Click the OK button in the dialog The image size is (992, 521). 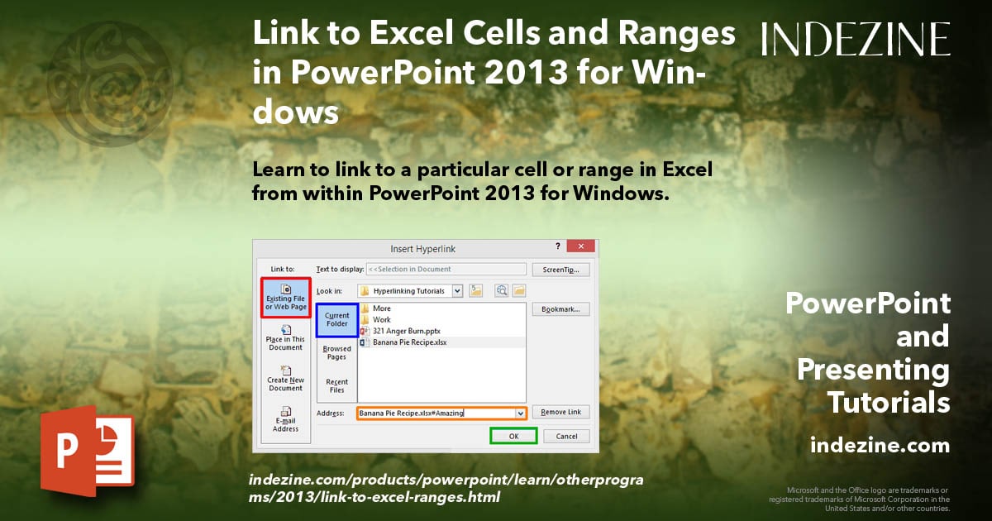[x=513, y=436]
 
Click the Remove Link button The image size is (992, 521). [x=560, y=412]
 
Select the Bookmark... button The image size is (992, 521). [x=560, y=309]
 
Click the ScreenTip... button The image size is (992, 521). [x=560, y=269]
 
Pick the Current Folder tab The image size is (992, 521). [x=336, y=319]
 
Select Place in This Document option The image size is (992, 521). [x=285, y=339]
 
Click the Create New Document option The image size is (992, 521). [x=285, y=379]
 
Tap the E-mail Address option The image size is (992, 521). [x=285, y=419]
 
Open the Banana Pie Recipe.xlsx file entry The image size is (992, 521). [x=409, y=342]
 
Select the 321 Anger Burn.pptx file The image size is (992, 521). [x=407, y=331]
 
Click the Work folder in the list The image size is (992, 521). [x=381, y=319]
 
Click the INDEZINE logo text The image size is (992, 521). [x=855, y=39]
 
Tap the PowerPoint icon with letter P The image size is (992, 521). [x=87, y=451]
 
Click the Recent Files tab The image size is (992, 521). [x=336, y=385]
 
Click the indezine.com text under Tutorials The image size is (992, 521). [x=880, y=446]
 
